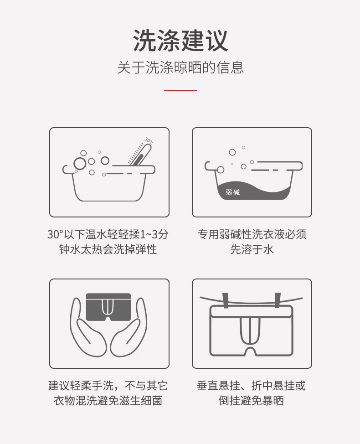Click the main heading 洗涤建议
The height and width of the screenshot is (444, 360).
point(180,41)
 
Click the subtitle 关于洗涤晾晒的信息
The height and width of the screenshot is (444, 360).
point(180,67)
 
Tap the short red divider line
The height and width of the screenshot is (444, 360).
point(180,90)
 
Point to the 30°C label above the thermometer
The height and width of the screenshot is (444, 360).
point(149,140)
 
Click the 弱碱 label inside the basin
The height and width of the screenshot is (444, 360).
point(232,192)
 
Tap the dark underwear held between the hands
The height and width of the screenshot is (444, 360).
point(108,307)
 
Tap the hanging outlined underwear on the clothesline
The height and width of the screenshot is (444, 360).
point(252,330)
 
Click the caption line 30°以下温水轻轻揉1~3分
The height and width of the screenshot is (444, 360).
point(108,235)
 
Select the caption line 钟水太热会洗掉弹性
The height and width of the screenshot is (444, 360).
point(108,250)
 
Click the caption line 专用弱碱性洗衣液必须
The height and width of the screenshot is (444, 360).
point(252,235)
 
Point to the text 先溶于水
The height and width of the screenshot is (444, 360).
point(252,250)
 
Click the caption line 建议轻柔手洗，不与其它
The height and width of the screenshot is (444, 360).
point(108,386)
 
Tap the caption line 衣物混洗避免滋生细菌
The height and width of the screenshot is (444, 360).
point(108,401)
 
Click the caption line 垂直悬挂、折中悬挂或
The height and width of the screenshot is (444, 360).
point(252,386)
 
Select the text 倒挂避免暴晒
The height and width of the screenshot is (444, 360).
point(252,401)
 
